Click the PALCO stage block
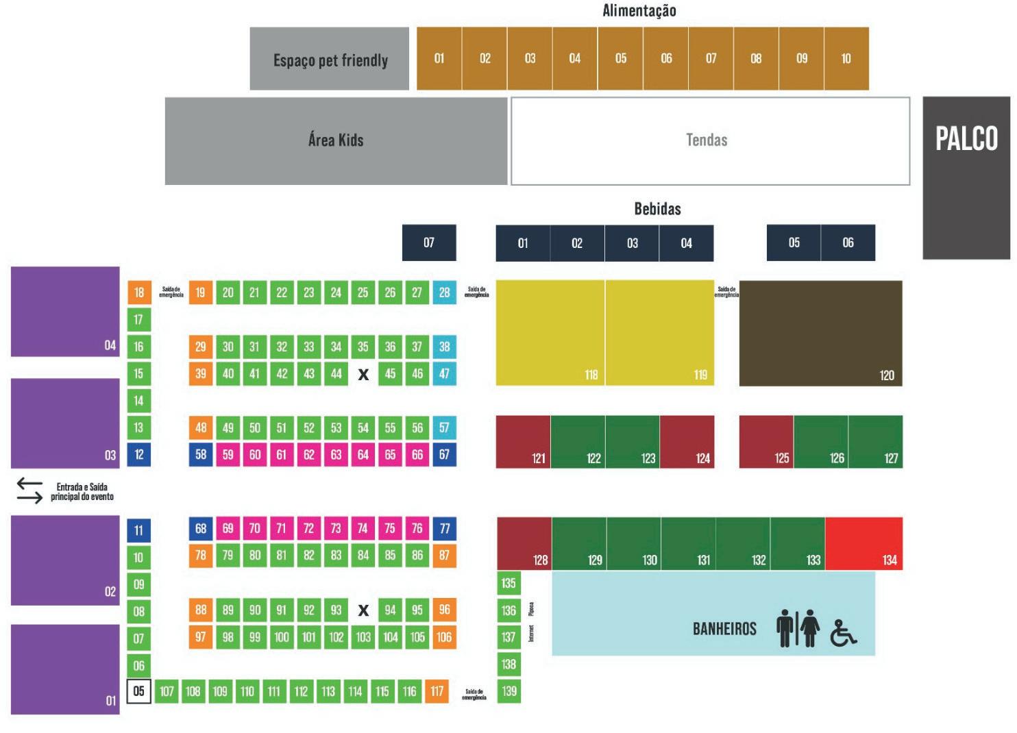tap(966, 177)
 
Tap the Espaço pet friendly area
tap(330, 60)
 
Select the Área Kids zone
tap(336, 140)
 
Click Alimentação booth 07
tap(711, 59)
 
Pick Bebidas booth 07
tap(429, 243)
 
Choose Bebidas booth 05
tap(794, 243)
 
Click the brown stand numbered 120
tap(820, 333)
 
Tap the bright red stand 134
tap(863, 544)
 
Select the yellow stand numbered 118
tap(550, 333)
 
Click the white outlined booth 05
tap(139, 691)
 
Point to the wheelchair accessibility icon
tap(843, 633)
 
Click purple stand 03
tap(65, 423)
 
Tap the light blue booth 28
tap(444, 293)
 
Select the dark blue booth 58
tap(201, 454)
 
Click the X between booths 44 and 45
tap(363, 374)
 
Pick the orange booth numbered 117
tap(437, 691)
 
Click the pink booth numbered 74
tap(363, 528)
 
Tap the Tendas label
tap(707, 140)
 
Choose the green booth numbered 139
tap(508, 691)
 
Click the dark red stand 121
tap(523, 442)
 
